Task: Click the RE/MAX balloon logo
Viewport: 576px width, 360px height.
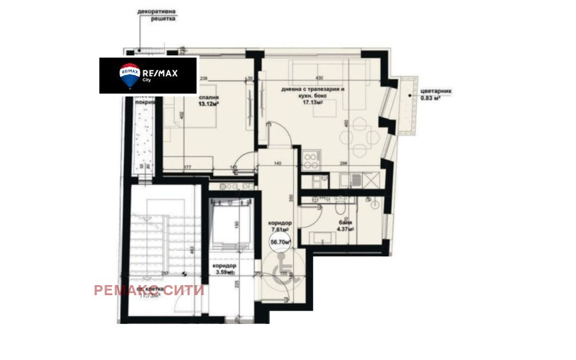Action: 130,74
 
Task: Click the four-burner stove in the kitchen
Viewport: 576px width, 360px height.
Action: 312,158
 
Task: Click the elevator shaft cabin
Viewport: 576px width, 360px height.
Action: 230,220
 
